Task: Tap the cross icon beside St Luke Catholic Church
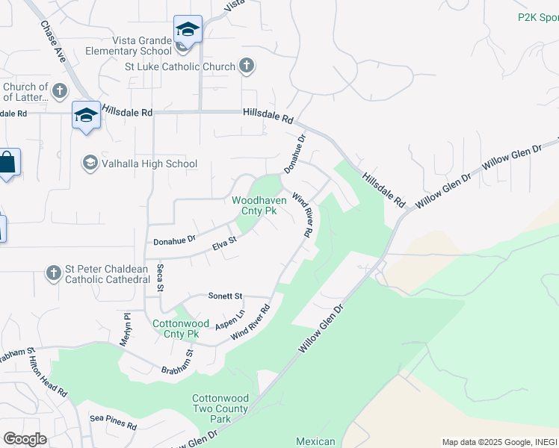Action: tap(247, 66)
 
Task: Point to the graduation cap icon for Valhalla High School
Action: tap(90, 164)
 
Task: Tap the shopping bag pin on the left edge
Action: tap(7, 164)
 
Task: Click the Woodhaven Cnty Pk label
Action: tap(255, 205)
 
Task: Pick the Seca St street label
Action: tap(160, 279)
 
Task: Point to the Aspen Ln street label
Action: tap(230, 321)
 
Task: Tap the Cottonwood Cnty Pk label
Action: tap(179, 329)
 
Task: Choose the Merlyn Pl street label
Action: tap(126, 329)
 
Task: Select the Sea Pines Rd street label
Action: tap(113, 426)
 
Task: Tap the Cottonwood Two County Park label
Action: tap(221, 408)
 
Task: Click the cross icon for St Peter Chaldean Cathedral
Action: tap(53, 273)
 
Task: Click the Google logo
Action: tap(25, 439)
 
